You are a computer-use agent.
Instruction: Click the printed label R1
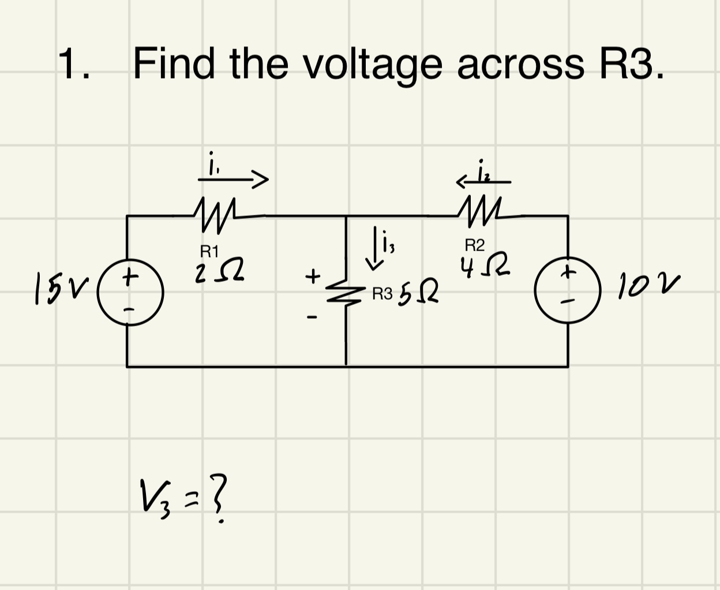pyautogui.click(x=209, y=251)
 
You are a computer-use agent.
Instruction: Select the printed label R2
pyautogui.click(x=475, y=245)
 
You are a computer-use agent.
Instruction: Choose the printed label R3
pyautogui.click(x=382, y=295)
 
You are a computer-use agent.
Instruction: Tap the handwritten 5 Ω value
pyautogui.click(x=419, y=294)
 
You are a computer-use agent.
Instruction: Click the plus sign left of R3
pyautogui.click(x=312, y=276)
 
